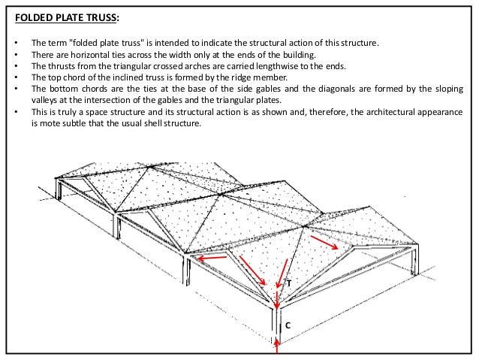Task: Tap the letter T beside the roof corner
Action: pyautogui.click(x=288, y=284)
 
